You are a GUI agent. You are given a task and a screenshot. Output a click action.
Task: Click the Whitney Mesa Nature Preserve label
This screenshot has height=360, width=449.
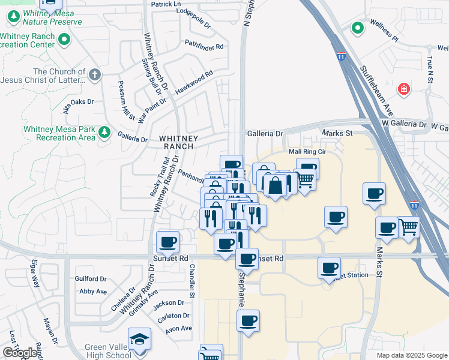pos(44,17)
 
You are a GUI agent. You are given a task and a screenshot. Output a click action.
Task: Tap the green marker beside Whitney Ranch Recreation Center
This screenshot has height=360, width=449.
pos(65,40)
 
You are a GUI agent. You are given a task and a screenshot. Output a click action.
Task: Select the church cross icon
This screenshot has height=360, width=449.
pos(94,76)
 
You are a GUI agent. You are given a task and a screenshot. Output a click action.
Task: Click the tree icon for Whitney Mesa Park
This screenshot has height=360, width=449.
pos(104,132)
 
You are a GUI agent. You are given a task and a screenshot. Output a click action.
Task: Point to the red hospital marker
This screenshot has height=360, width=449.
pos(405,89)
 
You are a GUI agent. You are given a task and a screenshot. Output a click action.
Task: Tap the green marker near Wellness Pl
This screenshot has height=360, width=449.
pos(357,28)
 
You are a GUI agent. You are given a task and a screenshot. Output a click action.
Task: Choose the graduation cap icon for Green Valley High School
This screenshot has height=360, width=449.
pos(140,338)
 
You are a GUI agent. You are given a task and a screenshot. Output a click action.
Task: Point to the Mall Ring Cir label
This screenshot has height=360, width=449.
pos(307,152)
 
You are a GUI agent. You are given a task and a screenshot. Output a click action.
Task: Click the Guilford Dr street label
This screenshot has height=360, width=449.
pos(91,278)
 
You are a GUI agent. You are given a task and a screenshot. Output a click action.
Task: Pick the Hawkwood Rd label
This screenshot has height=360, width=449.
pos(194,83)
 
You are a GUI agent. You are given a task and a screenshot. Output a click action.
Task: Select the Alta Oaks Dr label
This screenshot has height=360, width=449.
pos(78,105)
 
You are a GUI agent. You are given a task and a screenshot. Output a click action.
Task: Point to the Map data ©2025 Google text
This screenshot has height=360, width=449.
pos(411,355)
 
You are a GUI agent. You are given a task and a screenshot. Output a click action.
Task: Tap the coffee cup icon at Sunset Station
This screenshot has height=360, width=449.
pos(329,268)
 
